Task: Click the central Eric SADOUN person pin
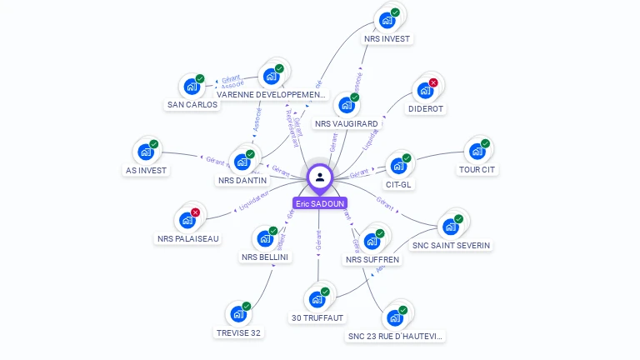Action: [320, 177]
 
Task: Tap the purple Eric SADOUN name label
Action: [320, 203]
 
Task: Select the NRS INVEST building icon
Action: [387, 20]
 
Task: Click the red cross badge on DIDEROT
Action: [433, 82]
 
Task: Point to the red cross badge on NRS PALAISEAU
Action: [195, 212]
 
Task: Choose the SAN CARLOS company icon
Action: [192, 86]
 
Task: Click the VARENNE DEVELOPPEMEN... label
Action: [271, 95]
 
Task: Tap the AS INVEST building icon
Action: [146, 152]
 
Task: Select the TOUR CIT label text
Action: [477, 170]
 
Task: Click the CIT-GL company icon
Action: [398, 166]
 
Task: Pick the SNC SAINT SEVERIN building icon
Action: [451, 226]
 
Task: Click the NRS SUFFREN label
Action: [372, 260]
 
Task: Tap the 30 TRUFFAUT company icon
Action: [317, 299]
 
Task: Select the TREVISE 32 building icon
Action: [238, 314]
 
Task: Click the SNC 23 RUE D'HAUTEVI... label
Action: [395, 337]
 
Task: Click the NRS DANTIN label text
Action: [242, 180]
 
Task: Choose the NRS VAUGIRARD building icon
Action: [346, 105]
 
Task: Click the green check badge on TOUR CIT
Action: [485, 143]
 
